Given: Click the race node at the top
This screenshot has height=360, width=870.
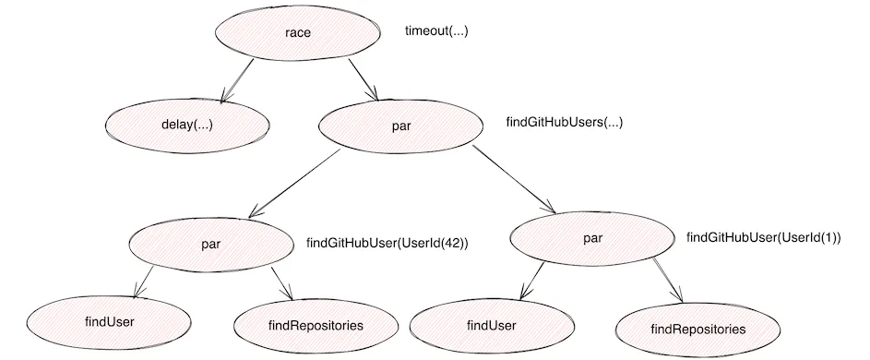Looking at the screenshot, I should pos(298,32).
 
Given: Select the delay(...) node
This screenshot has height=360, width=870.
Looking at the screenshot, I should pos(187,124).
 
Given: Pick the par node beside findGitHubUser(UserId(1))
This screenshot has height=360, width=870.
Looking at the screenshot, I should pos(592,239).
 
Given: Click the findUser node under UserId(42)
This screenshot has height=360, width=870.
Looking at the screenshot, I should pos(110,322).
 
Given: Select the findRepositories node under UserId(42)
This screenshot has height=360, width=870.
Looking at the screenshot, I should pos(316,325).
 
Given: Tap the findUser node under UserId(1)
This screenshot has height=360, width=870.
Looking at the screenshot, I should pos(491,326).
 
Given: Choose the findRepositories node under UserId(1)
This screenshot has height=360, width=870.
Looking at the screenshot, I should pos(697,329).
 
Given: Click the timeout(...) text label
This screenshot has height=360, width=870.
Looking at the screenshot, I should pos(437,30).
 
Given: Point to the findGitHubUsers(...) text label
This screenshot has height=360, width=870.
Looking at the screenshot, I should pos(564,122).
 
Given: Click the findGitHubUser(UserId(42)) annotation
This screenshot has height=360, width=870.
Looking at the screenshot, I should pos(387,244).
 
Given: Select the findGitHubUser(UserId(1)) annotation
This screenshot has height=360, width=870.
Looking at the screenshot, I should pos(763,237).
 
